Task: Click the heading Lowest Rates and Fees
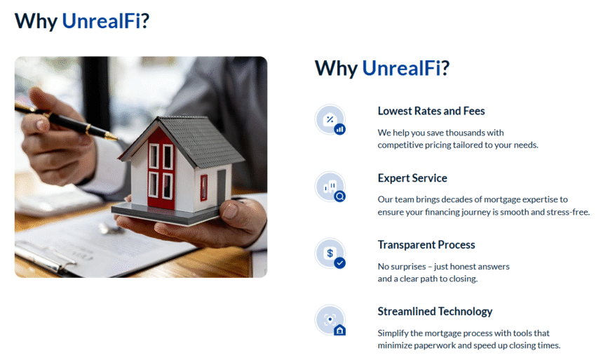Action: click(431, 111)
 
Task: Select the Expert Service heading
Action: click(412, 178)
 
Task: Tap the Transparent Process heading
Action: click(426, 245)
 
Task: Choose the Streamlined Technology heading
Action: click(435, 312)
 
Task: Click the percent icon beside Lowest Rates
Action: click(330, 120)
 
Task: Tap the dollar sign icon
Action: click(330, 253)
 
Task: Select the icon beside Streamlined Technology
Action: click(330, 320)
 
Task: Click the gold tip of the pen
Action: click(111, 136)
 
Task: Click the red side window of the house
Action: click(203, 187)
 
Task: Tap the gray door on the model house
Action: click(222, 186)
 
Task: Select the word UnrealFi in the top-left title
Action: click(101, 21)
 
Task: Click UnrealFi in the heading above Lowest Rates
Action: click(401, 68)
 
